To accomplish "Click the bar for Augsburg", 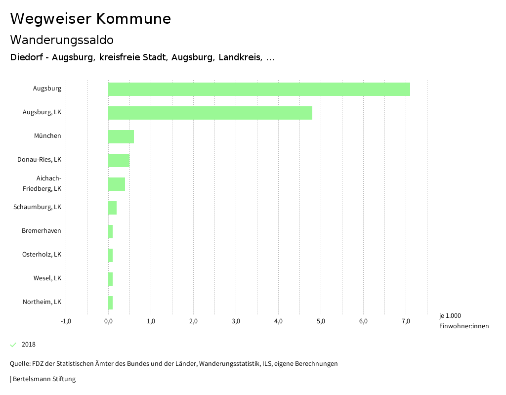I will pyautogui.click(x=259, y=89).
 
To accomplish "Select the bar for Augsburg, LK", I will pyautogui.click(x=210, y=113).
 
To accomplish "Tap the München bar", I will pyautogui.click(x=121, y=136).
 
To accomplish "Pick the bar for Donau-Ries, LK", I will pyautogui.click(x=119, y=160).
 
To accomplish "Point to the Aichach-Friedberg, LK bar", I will pyautogui.click(x=117, y=184).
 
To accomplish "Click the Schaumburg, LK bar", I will pyautogui.click(x=113, y=208).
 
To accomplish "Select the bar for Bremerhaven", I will pyautogui.click(x=111, y=231).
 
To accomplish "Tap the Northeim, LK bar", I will pyautogui.click(x=111, y=303).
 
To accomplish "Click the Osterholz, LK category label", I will pyautogui.click(x=42, y=255).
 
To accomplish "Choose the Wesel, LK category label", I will pyautogui.click(x=47, y=278).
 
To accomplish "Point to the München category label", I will pyautogui.click(x=47, y=136).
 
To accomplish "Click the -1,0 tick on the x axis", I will pyautogui.click(x=66, y=321).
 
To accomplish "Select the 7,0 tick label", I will pyautogui.click(x=406, y=321).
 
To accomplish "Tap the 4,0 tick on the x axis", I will pyautogui.click(x=278, y=321).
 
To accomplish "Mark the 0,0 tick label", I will pyautogui.click(x=108, y=321).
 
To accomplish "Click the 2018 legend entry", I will pyautogui.click(x=28, y=345).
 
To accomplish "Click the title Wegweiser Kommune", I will pyautogui.click(x=90, y=19).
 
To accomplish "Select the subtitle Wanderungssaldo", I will pyautogui.click(x=62, y=40).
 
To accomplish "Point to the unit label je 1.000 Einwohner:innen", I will pyautogui.click(x=464, y=321).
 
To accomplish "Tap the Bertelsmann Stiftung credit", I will pyautogui.click(x=43, y=379).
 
